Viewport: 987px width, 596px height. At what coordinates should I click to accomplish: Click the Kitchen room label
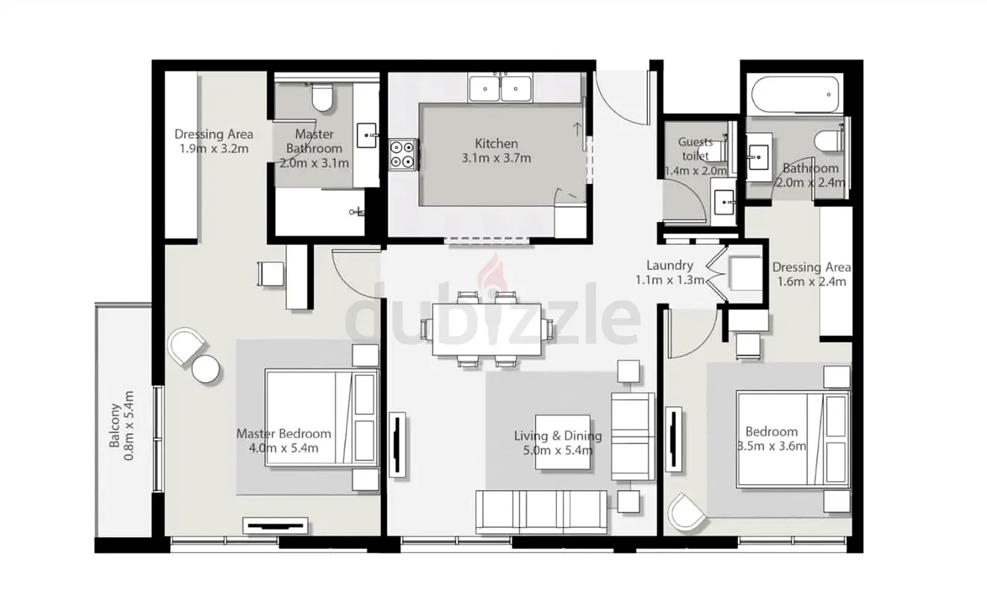coord(496,144)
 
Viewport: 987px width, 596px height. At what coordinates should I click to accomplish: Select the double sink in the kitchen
coord(500,89)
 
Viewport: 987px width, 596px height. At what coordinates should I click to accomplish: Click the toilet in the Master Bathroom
coord(321,98)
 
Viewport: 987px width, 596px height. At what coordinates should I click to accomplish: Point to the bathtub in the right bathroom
coord(795,95)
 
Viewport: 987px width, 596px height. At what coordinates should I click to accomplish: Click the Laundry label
coord(669,265)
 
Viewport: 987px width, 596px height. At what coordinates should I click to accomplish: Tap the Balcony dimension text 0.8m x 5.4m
coord(129,425)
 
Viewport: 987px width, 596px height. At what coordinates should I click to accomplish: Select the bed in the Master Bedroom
coord(321,418)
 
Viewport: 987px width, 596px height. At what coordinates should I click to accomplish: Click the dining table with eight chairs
coord(487,329)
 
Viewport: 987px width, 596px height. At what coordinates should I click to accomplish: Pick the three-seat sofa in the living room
coord(541,511)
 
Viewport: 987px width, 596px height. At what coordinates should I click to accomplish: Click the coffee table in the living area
coord(563,443)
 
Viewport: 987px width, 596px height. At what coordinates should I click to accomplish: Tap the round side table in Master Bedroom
coord(206,369)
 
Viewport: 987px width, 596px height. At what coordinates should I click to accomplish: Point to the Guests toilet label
coord(696,149)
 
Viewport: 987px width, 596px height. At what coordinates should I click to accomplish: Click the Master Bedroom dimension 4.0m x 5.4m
coord(283,448)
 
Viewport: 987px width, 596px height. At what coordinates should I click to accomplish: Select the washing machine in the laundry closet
coord(745,273)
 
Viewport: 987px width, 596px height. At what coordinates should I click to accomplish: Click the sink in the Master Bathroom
coord(367,136)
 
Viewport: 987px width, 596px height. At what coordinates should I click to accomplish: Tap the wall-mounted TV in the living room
coord(397,445)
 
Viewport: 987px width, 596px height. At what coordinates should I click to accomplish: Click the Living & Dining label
coord(558,436)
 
